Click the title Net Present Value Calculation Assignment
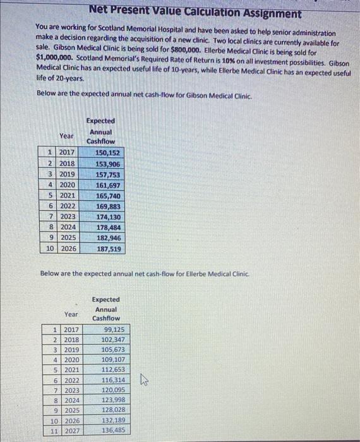click(195, 13)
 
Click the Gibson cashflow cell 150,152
click(107, 153)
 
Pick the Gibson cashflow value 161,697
click(107, 185)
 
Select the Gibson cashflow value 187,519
click(107, 249)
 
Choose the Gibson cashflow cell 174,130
click(107, 217)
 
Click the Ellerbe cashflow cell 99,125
click(114, 330)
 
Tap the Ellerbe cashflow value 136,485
click(114, 431)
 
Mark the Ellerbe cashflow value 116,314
click(114, 380)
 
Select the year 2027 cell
click(71, 431)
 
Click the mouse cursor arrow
click(144, 380)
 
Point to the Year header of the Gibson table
click(66, 136)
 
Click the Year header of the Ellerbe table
click(71, 314)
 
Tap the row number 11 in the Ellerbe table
click(54, 431)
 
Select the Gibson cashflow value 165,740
click(107, 196)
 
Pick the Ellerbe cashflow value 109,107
click(114, 360)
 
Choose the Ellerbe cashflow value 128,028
click(114, 410)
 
